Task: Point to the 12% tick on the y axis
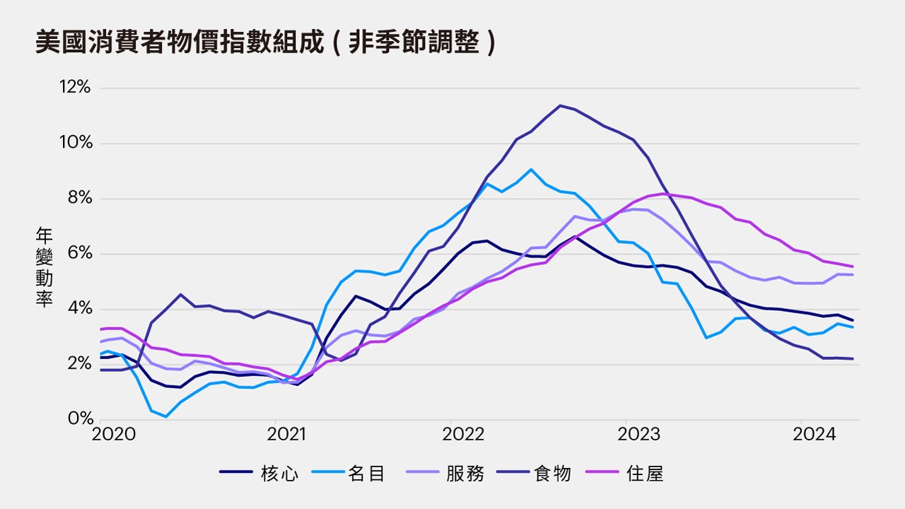75,88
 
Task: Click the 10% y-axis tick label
75,144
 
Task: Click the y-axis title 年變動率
44,268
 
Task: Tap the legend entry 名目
366,474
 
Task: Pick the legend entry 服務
465,474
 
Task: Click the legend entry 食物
552,474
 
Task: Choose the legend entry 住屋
645,474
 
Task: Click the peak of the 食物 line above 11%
560,105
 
